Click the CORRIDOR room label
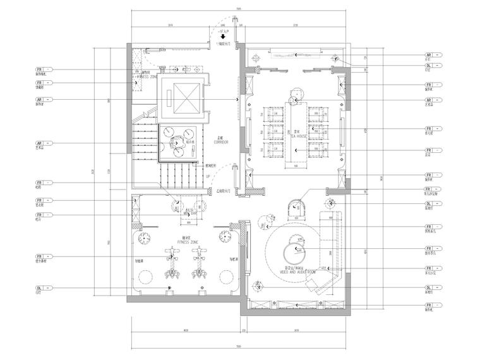[x=220, y=143]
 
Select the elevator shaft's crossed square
[x=181, y=97]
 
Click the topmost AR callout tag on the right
[x=429, y=57]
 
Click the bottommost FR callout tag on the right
[x=429, y=304]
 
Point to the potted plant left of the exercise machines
[x=145, y=237]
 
